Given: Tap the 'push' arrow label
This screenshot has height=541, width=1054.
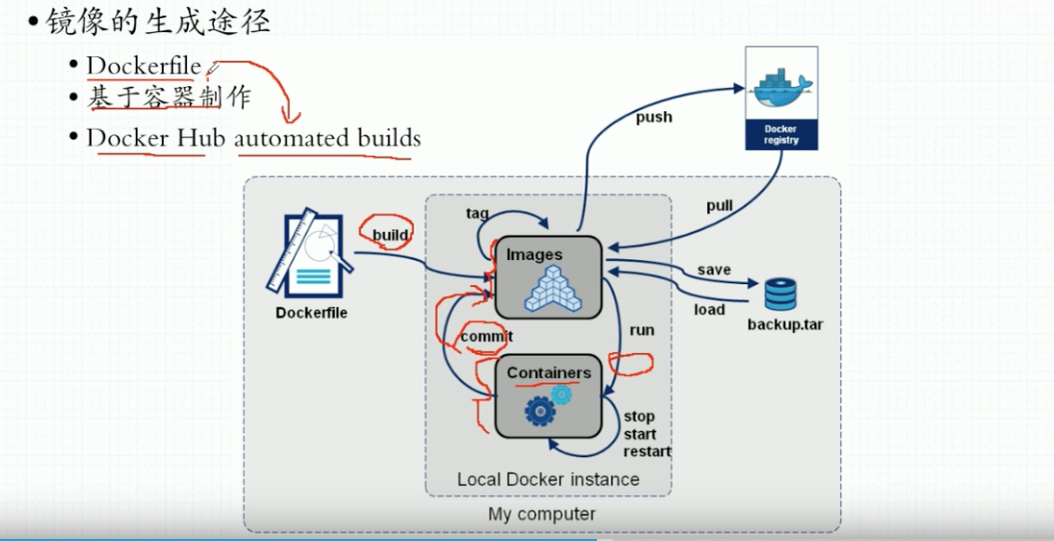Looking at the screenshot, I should point(654,117).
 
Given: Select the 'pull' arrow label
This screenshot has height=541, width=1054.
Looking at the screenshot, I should point(719,206).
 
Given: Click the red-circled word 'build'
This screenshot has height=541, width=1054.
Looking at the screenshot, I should point(390,235).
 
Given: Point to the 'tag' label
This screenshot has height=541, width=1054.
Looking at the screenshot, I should point(477,213).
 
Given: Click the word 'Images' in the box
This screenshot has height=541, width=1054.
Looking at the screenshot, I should point(534,255).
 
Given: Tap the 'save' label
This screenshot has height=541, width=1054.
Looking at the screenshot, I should point(714,270).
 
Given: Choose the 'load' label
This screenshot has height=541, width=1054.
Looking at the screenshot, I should point(709,309).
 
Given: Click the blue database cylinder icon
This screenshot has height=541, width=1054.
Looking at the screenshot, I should point(780,295).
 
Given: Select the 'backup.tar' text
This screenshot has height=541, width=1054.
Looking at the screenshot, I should point(785,326).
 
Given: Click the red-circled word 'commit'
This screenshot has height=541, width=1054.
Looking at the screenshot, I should point(487,337).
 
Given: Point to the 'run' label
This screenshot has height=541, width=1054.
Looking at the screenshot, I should point(641,330).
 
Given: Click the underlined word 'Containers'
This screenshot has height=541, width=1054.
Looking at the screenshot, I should point(548,373).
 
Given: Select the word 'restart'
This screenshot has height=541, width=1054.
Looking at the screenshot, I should point(646,451).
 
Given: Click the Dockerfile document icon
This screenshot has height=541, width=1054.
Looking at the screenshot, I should point(310,254).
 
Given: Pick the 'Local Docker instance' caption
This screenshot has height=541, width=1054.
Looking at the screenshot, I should point(547,479).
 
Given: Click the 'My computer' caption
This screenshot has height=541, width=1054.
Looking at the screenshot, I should point(541,514).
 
